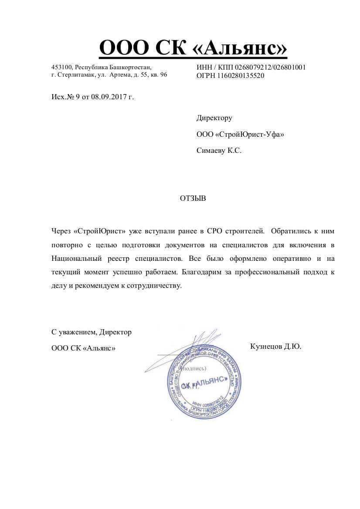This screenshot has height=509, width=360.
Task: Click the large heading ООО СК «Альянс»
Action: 193,48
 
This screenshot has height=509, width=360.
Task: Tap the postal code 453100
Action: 61,67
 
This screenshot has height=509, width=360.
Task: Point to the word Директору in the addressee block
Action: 214,118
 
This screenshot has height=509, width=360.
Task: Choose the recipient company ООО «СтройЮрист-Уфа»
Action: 240,135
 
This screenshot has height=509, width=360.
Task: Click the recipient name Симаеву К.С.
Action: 219,151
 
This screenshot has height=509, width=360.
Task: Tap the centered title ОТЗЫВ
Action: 193,199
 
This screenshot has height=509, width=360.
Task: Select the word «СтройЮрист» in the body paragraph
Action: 100,230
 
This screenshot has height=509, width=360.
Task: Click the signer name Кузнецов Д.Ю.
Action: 276,347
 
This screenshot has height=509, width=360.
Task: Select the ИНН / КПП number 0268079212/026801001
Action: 270,67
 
